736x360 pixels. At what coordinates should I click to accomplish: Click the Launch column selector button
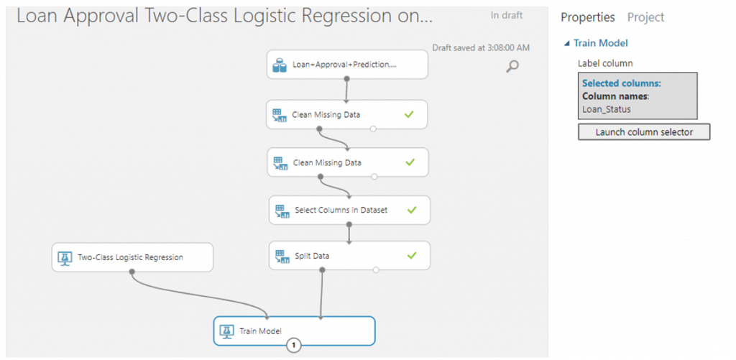pyautogui.click(x=643, y=132)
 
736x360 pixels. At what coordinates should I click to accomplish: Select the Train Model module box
pyautogui.click(x=294, y=331)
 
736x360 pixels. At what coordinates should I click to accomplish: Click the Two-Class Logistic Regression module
pyautogui.click(x=132, y=257)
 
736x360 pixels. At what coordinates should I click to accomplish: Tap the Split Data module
pyautogui.click(x=350, y=255)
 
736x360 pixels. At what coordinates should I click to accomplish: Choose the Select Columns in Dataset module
pyautogui.click(x=350, y=210)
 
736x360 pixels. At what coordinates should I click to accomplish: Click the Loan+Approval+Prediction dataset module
pyautogui.click(x=347, y=64)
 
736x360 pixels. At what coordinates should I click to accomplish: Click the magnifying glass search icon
pyautogui.click(x=512, y=66)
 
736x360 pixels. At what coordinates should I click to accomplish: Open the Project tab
pyautogui.click(x=646, y=17)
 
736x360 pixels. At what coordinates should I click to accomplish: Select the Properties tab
pyautogui.click(x=588, y=17)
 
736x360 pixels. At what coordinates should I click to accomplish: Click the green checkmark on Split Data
pyautogui.click(x=412, y=255)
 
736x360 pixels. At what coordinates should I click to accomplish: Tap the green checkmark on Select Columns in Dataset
pyautogui.click(x=412, y=210)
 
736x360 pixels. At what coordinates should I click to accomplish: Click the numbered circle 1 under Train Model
pyautogui.click(x=294, y=346)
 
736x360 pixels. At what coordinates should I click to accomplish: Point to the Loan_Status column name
pyautogui.click(x=607, y=109)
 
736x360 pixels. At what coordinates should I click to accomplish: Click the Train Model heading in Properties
pyautogui.click(x=600, y=43)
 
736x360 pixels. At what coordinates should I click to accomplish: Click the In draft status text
pyautogui.click(x=507, y=16)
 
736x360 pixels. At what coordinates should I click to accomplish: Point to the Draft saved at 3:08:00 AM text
pyautogui.click(x=481, y=47)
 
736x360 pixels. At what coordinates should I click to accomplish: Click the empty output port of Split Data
pyautogui.click(x=375, y=270)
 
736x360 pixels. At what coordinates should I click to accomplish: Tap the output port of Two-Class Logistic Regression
pyautogui.click(x=132, y=272)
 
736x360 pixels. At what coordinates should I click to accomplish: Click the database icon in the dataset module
pyautogui.click(x=280, y=65)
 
